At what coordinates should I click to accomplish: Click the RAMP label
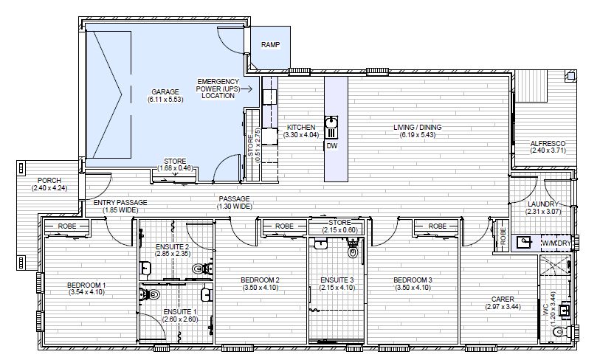pyautogui.click(x=271, y=45)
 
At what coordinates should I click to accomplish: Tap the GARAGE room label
pyautogui.click(x=165, y=91)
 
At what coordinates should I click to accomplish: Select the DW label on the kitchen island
pyautogui.click(x=332, y=146)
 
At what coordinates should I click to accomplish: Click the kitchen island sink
pyautogui.click(x=331, y=122)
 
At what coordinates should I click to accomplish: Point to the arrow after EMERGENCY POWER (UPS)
pyautogui.click(x=246, y=89)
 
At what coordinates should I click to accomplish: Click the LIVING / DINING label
pyautogui.click(x=418, y=127)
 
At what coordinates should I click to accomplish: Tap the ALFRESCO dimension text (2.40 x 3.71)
pyautogui.click(x=548, y=150)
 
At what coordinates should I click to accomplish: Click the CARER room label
pyautogui.click(x=503, y=300)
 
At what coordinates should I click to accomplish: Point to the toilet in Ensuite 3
pyautogui.click(x=353, y=249)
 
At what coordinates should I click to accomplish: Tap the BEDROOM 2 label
pyautogui.click(x=261, y=280)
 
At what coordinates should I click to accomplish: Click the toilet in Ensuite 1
pyautogui.click(x=151, y=294)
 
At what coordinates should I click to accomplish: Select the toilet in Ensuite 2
pyautogui.click(x=201, y=269)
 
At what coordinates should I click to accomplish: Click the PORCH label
pyautogui.click(x=49, y=181)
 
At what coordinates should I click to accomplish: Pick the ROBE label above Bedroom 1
pyautogui.click(x=67, y=226)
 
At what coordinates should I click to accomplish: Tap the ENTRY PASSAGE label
pyautogui.click(x=120, y=203)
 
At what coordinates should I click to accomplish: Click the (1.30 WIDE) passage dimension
pyautogui.click(x=235, y=207)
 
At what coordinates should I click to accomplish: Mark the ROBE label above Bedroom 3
pyautogui.click(x=438, y=226)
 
